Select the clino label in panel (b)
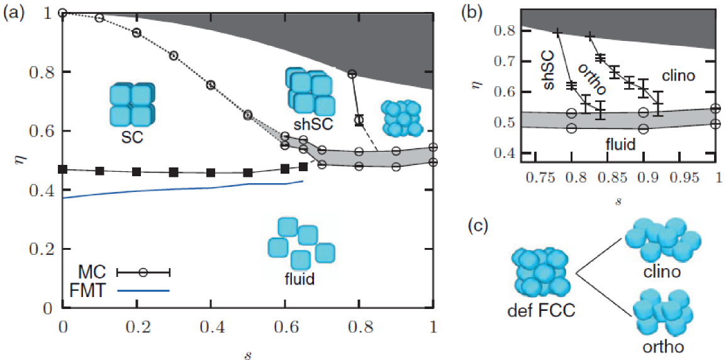tap(678, 76)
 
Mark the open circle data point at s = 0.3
tap(174, 56)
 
